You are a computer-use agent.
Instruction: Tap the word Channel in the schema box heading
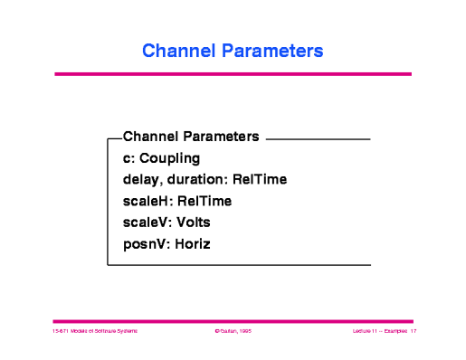coord(150,137)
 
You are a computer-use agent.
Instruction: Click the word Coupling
coord(169,158)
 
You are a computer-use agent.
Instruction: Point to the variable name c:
coord(128,158)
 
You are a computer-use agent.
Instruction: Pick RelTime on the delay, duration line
coord(260,180)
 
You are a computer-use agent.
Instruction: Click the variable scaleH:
coord(147,201)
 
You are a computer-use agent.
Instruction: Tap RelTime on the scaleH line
coord(204,201)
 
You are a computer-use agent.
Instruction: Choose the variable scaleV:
coord(147,222)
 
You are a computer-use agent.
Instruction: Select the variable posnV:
coord(146,243)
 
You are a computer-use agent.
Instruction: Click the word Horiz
coord(192,243)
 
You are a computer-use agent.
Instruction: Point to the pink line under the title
coord(233,74)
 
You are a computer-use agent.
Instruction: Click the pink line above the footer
coord(233,320)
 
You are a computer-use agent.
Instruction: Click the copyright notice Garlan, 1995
coord(233,333)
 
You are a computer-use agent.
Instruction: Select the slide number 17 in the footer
coord(413,333)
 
